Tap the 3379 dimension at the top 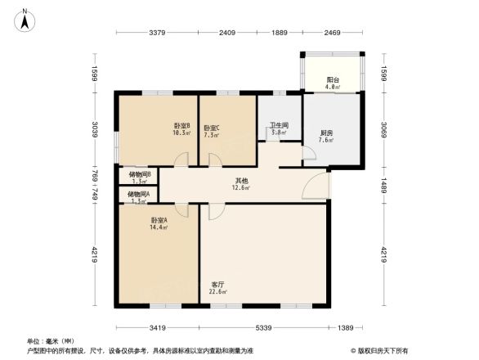point(159,34)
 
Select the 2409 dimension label point(227,34)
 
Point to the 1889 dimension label point(280,34)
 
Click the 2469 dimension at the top point(331,34)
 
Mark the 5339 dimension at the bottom point(262,327)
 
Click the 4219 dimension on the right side point(382,255)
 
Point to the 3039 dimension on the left point(96,130)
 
